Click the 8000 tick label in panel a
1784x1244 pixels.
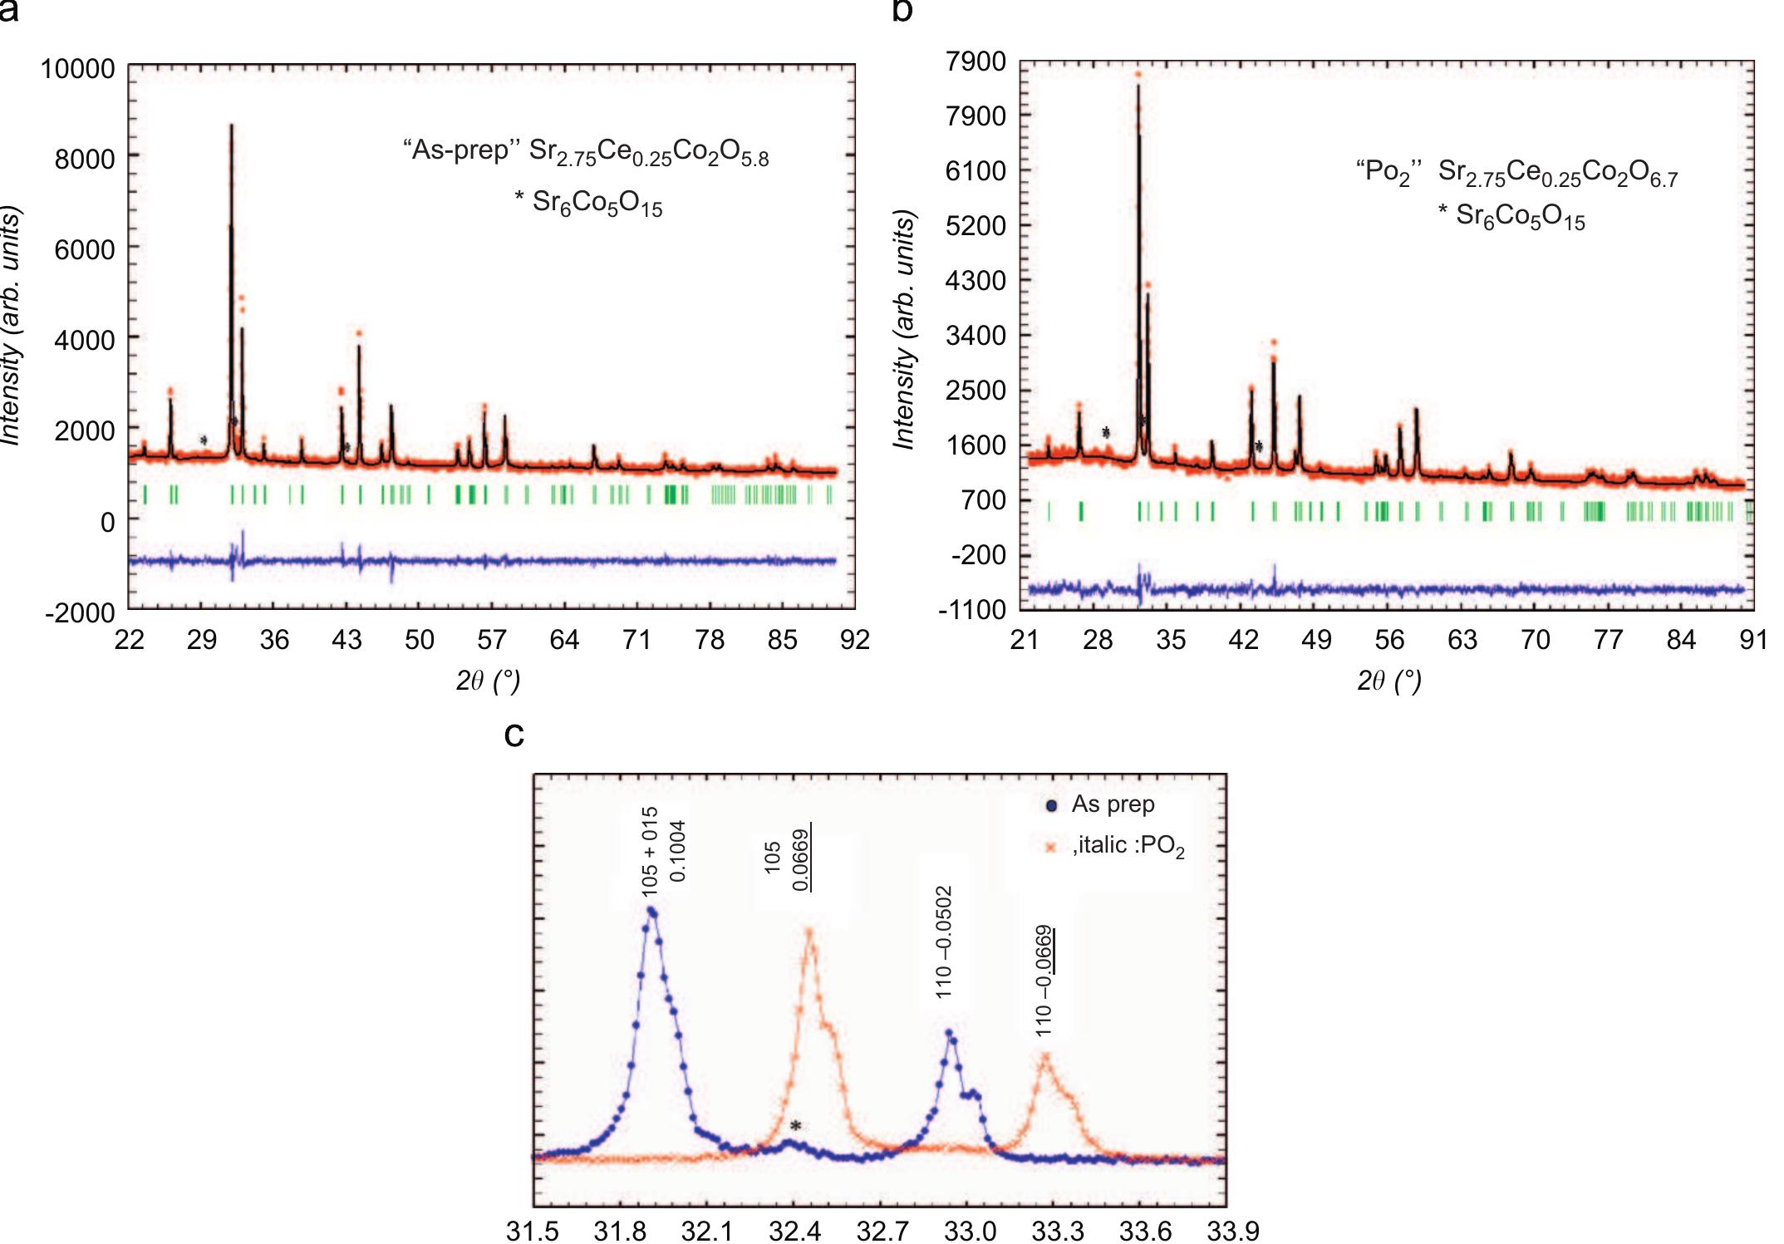84,158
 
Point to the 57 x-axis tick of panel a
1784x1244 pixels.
492,640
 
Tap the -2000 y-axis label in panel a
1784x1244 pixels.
80,613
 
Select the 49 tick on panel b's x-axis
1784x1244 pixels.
1316,640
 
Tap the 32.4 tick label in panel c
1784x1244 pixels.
794,1230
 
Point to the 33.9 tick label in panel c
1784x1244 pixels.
1233,1230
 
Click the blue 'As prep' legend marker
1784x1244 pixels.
1052,805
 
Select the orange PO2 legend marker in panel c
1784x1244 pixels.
1052,848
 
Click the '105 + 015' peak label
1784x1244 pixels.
650,852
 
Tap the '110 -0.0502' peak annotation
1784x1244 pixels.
944,942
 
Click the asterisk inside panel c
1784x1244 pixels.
796,1127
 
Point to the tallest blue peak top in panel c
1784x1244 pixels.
651,912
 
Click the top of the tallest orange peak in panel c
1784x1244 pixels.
809,931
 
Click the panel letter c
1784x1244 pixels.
514,734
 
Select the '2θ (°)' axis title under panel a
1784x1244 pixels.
488,681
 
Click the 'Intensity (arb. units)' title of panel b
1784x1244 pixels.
904,330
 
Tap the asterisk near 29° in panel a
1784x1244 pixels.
204,440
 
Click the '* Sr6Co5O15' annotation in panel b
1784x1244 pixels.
1511,216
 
